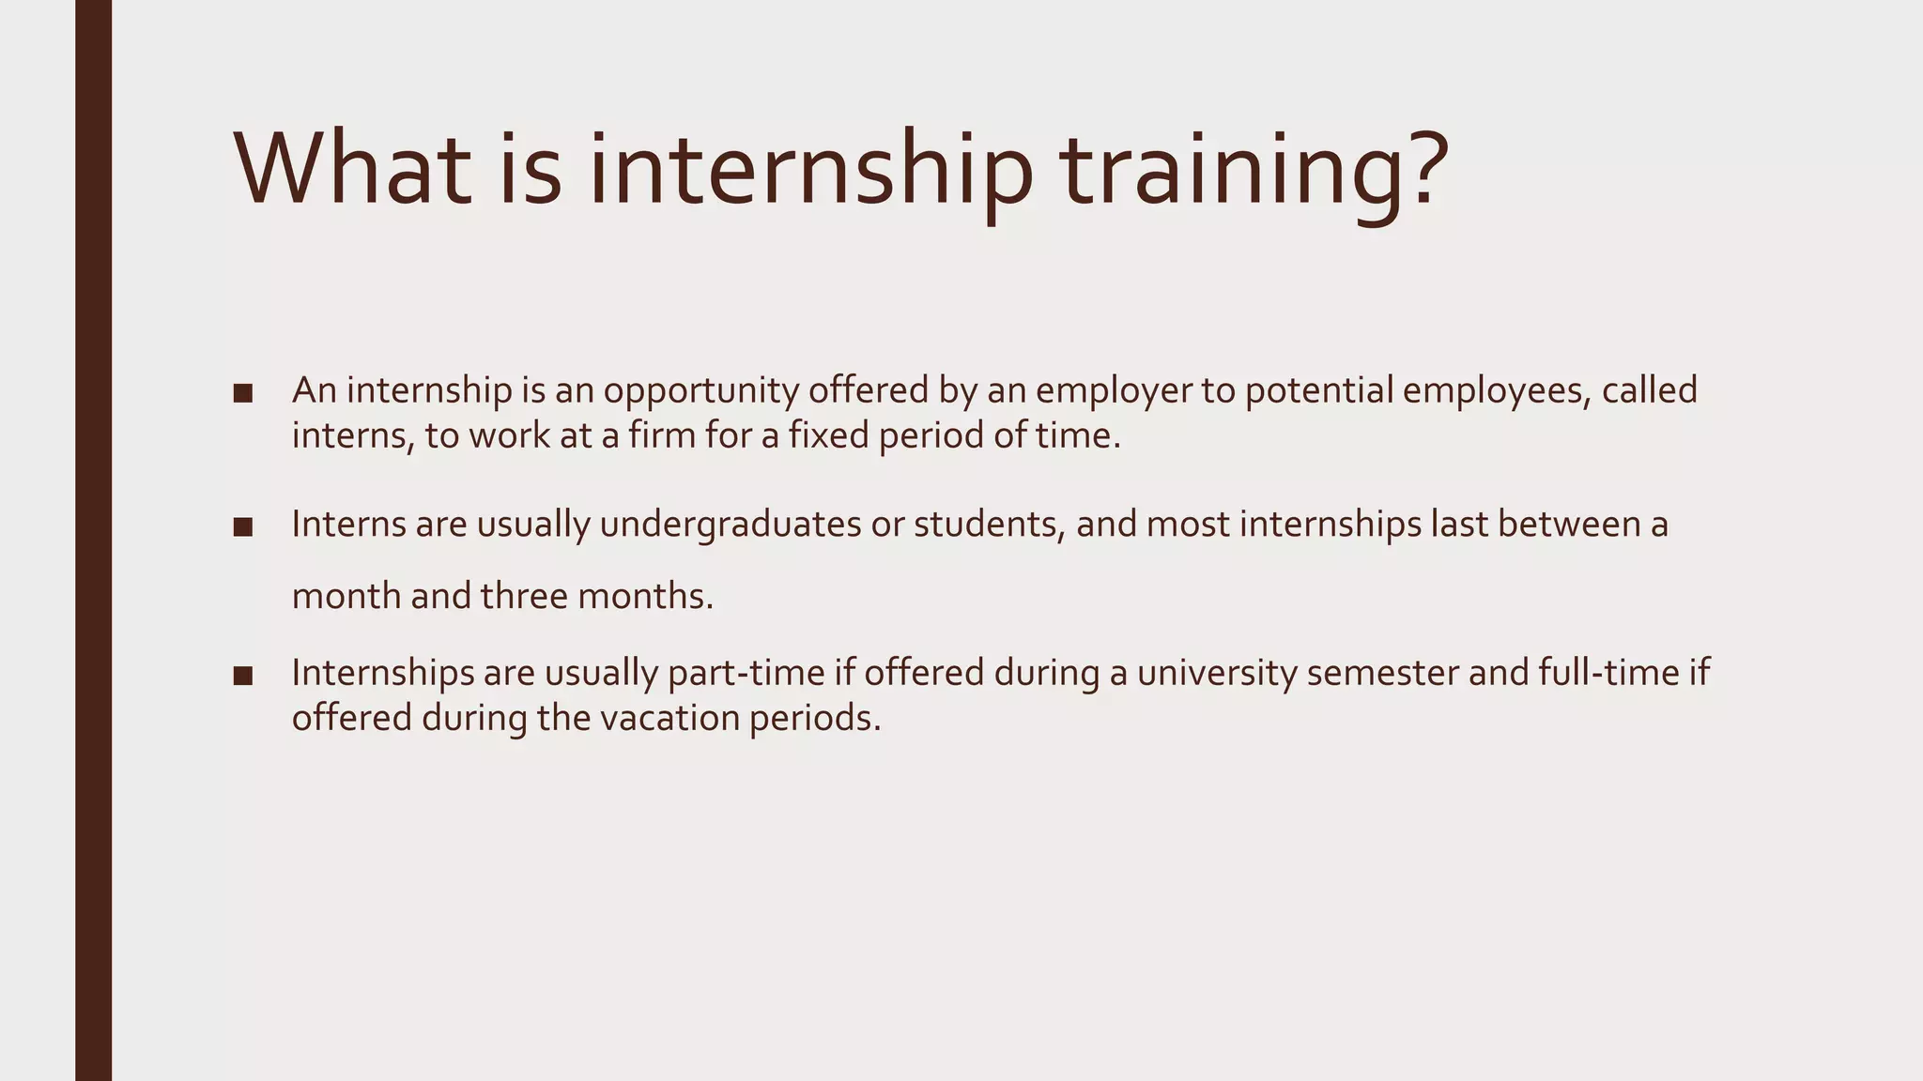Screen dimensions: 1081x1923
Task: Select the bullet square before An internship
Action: tap(243, 393)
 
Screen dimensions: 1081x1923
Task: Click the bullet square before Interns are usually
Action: tap(243, 527)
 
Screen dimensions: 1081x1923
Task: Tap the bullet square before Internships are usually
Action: tap(243, 676)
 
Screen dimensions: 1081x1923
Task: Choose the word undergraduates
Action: tap(730, 525)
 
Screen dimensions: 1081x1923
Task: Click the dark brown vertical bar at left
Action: tap(94, 540)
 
